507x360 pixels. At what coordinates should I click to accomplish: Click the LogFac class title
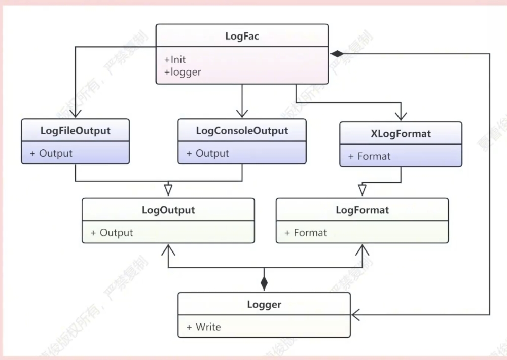pyautogui.click(x=242, y=36)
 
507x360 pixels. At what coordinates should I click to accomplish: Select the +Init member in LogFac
pyautogui.click(x=175, y=60)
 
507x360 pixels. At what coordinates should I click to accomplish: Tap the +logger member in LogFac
pyautogui.click(x=183, y=72)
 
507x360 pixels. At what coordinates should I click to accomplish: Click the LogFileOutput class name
pyautogui.click(x=75, y=130)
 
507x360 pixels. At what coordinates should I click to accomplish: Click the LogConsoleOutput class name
pyautogui.click(x=242, y=130)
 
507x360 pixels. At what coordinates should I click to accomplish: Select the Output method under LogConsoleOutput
pyautogui.click(x=208, y=153)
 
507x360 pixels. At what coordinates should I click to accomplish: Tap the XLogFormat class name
pyautogui.click(x=401, y=134)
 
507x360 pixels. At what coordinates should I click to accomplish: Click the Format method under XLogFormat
pyautogui.click(x=370, y=156)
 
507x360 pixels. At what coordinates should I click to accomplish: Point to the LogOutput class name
pyautogui.click(x=168, y=210)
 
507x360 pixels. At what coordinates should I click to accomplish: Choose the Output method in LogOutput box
pyautogui.click(x=112, y=233)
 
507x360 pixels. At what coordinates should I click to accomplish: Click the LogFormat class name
pyautogui.click(x=362, y=210)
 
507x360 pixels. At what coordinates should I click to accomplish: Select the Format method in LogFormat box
pyautogui.click(x=306, y=233)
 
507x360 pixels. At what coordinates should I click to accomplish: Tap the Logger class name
pyautogui.click(x=264, y=305)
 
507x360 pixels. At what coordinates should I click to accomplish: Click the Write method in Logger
pyautogui.click(x=204, y=327)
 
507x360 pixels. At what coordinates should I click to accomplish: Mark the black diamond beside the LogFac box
pyautogui.click(x=337, y=53)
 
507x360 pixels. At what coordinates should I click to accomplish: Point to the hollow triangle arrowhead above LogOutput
pyautogui.click(x=168, y=190)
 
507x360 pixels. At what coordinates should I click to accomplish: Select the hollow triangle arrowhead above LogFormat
pyautogui.click(x=362, y=190)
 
